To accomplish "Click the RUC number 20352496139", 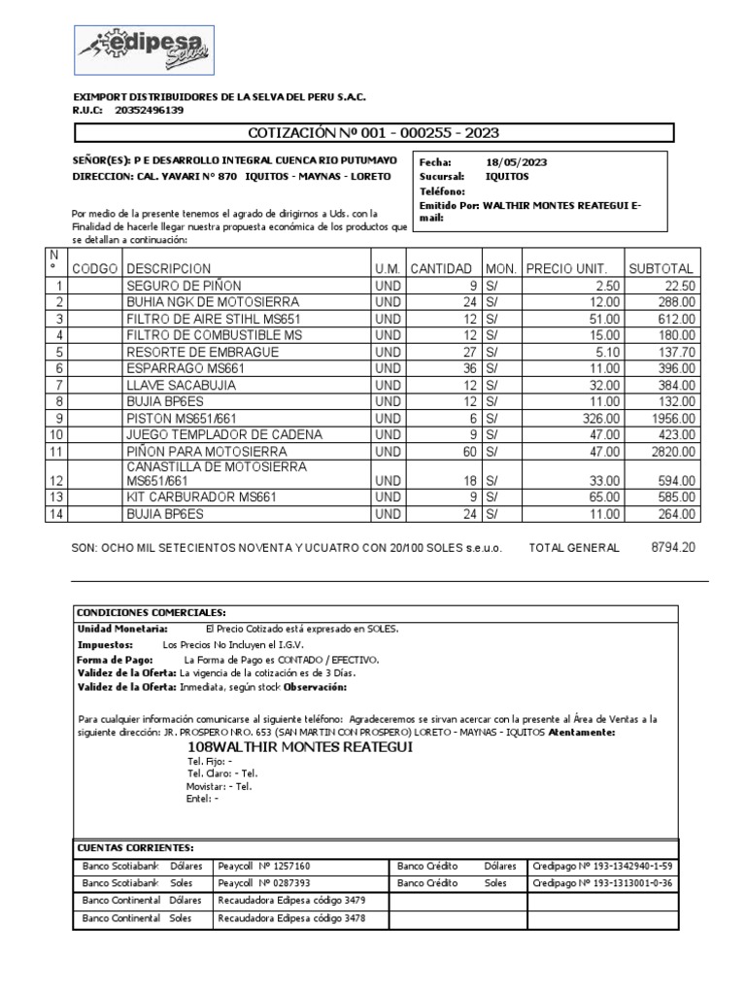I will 149,111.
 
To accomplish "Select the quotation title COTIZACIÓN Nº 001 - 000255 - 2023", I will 374,133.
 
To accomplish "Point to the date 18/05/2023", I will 517,163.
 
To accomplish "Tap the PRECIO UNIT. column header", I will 566,268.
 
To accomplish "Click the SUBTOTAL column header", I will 661,268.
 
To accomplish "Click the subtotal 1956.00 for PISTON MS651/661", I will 672,419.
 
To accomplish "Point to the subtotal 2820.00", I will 672,452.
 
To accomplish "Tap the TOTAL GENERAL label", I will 573,548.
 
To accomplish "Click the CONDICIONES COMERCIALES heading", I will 151,612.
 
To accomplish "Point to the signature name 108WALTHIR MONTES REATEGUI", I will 300,746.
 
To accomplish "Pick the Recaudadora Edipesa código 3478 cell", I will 291,918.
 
